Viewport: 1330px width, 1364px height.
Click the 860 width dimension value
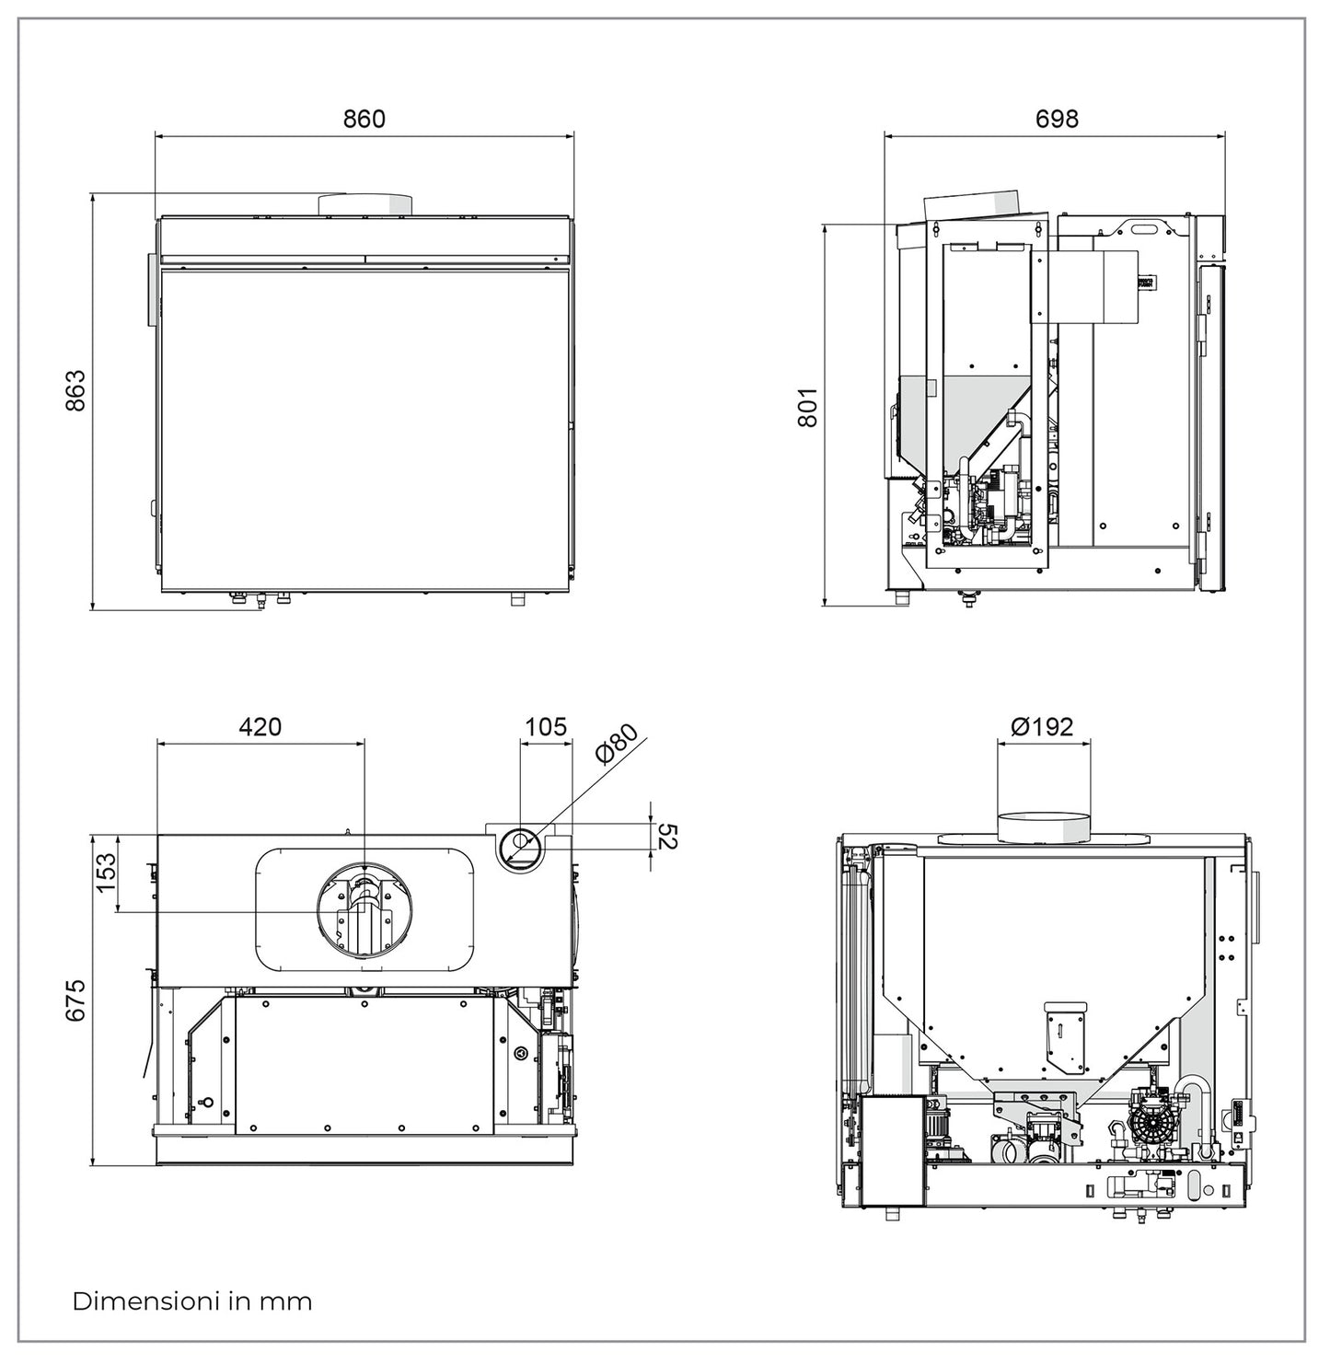click(364, 119)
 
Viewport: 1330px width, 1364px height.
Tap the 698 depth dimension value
click(1056, 119)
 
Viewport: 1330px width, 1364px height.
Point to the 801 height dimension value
click(807, 407)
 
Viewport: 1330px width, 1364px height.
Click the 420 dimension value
click(260, 726)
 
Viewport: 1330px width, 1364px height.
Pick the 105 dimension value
click(545, 726)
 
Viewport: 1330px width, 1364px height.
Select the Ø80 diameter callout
click(616, 744)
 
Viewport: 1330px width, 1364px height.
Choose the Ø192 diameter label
click(1042, 726)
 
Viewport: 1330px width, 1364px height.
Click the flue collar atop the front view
click(364, 204)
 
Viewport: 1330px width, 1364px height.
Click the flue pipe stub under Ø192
click(1043, 826)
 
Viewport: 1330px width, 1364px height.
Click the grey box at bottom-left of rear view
click(891, 1151)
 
